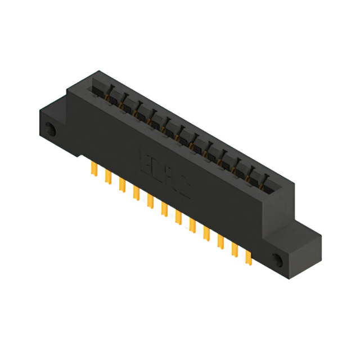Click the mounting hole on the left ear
(50, 129)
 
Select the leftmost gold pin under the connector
(93, 169)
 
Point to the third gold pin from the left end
(121, 185)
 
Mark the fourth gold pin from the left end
(136, 193)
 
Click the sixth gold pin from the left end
(164, 209)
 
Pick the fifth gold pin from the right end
(192, 224)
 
